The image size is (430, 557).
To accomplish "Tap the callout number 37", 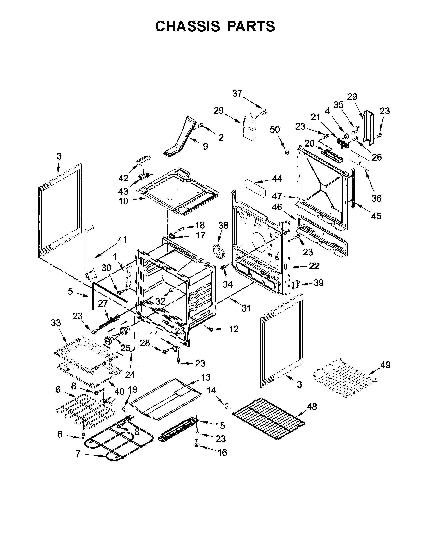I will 237,94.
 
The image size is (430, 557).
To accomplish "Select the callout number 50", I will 275,130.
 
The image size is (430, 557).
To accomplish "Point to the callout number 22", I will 314,266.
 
